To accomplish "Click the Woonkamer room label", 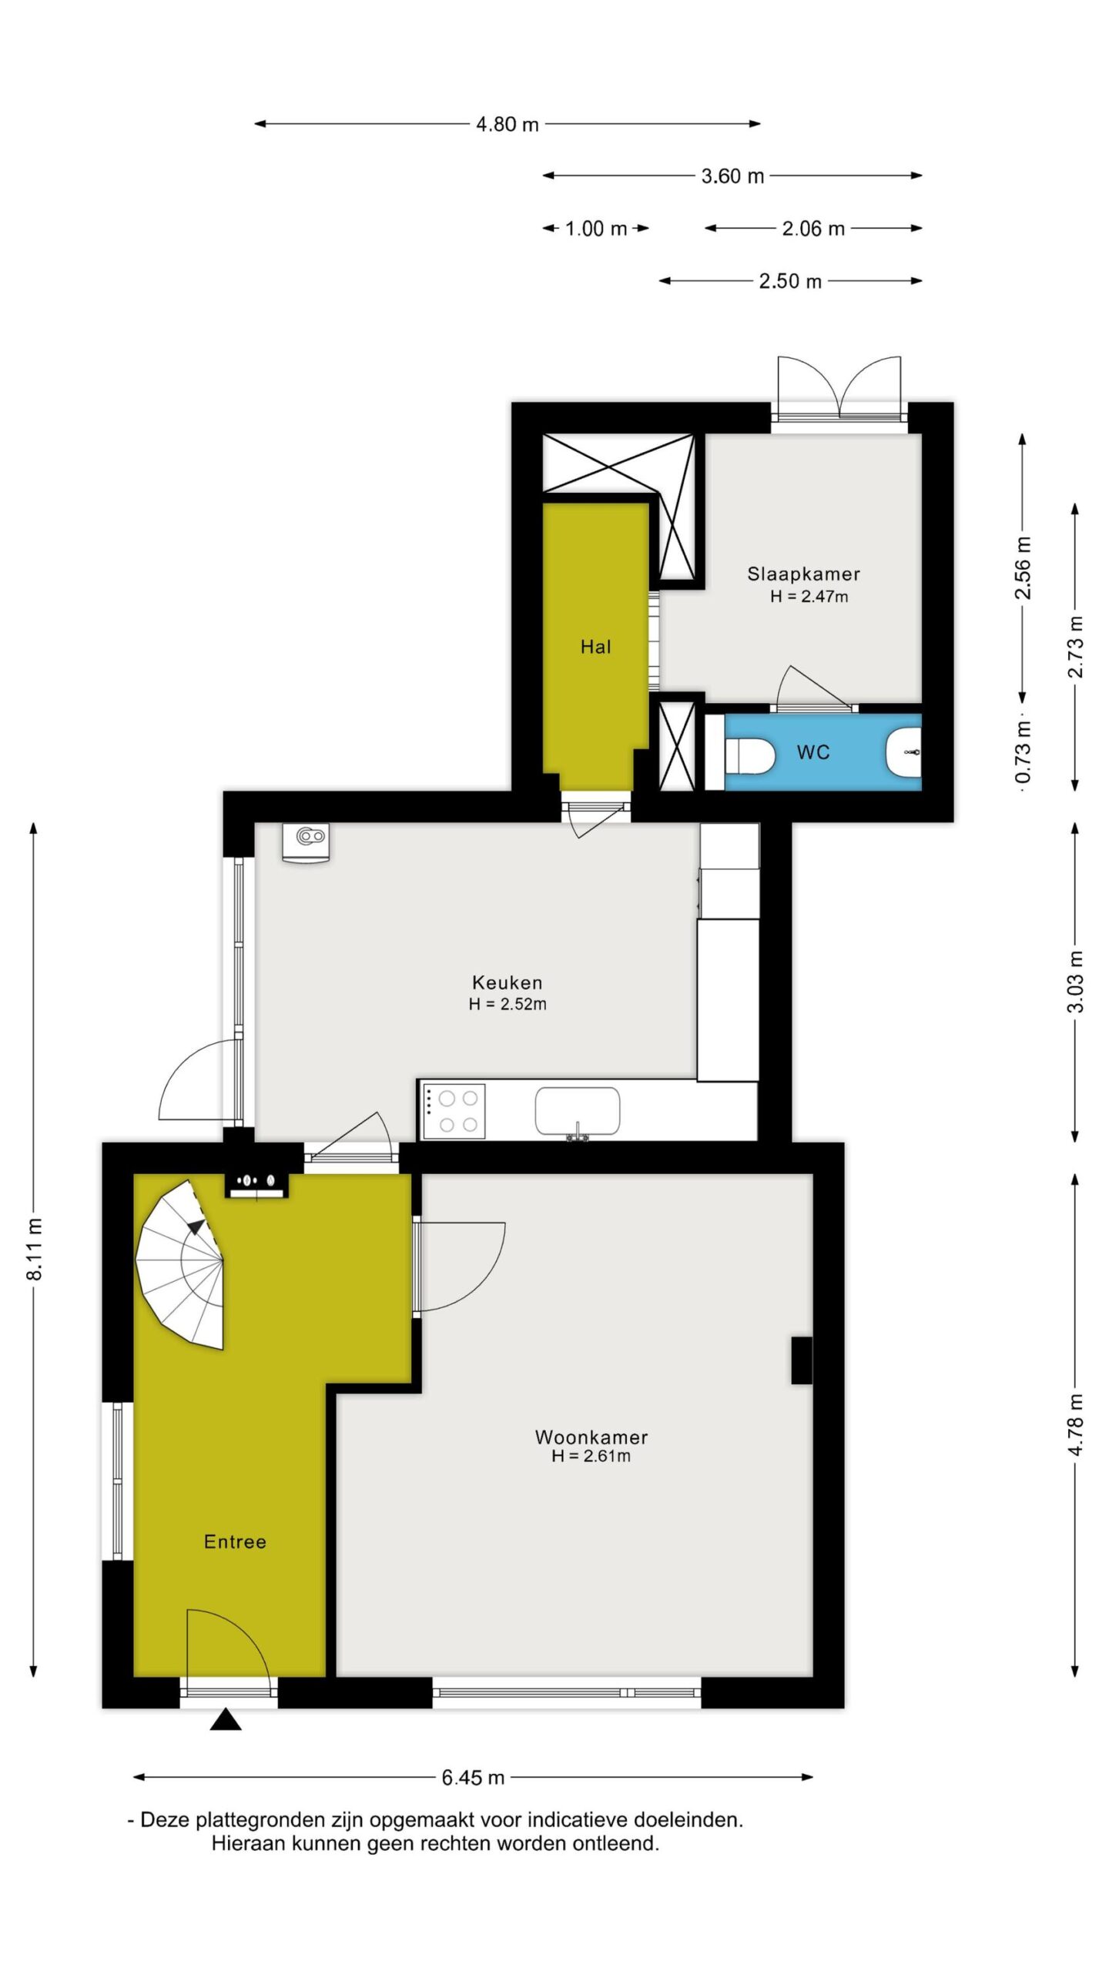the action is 591,1437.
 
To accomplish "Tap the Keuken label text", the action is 508,982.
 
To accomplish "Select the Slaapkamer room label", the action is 803,574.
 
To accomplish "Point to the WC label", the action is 813,752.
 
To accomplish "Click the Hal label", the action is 596,647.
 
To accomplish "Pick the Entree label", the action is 235,1541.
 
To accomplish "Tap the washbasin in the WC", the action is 904,751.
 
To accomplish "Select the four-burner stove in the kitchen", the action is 453,1111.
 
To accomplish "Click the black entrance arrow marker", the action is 226,1718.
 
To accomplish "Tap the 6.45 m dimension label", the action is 473,1777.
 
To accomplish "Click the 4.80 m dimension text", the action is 508,124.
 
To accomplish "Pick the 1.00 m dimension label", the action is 596,229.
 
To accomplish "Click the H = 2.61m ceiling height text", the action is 591,1456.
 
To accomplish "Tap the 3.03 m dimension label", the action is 1076,982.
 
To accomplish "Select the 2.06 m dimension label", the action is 813,229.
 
